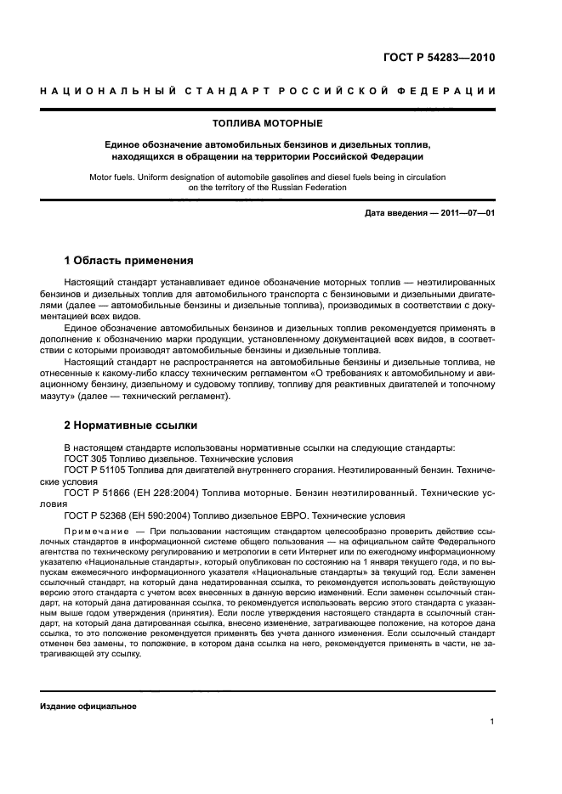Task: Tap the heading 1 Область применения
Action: pos(129,261)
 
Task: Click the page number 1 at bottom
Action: pos(492,722)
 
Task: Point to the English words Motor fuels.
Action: pos(110,177)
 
